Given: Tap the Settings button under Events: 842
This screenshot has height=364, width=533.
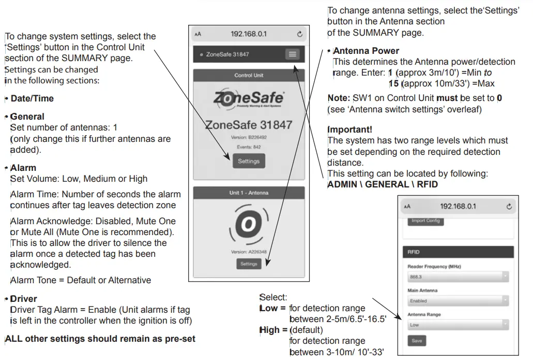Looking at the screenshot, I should click(x=249, y=161).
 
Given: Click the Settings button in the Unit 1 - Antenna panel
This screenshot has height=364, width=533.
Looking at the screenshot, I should click(x=249, y=264).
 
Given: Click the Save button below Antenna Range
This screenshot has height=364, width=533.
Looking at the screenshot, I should click(x=417, y=341).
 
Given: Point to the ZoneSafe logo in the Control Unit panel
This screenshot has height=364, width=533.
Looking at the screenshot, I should click(x=249, y=99).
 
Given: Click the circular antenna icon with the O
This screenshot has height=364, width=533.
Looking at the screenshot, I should click(x=249, y=224).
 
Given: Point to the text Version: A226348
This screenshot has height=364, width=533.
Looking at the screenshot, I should click(x=249, y=252).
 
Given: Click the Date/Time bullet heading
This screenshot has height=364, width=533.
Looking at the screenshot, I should click(x=32, y=98).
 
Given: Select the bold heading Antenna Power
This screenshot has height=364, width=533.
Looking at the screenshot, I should click(x=366, y=51).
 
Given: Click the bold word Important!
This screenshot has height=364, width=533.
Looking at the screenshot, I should click(x=349, y=129).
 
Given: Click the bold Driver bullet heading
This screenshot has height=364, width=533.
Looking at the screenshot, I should click(x=23, y=299).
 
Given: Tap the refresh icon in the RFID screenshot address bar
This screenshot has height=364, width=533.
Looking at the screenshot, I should click(x=509, y=206).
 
